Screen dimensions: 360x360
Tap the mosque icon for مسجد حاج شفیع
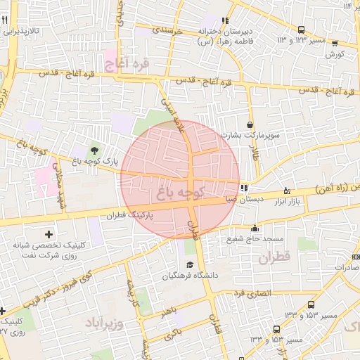[255, 228]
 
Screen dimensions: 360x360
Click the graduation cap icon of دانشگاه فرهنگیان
[189, 265]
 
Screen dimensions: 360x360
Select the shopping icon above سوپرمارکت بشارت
[250, 124]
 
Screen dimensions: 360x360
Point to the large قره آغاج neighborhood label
[127, 64]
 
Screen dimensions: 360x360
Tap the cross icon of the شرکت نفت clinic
[48, 233]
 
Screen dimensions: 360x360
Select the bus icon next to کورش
[302, 30]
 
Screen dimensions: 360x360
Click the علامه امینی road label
[175, 112]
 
